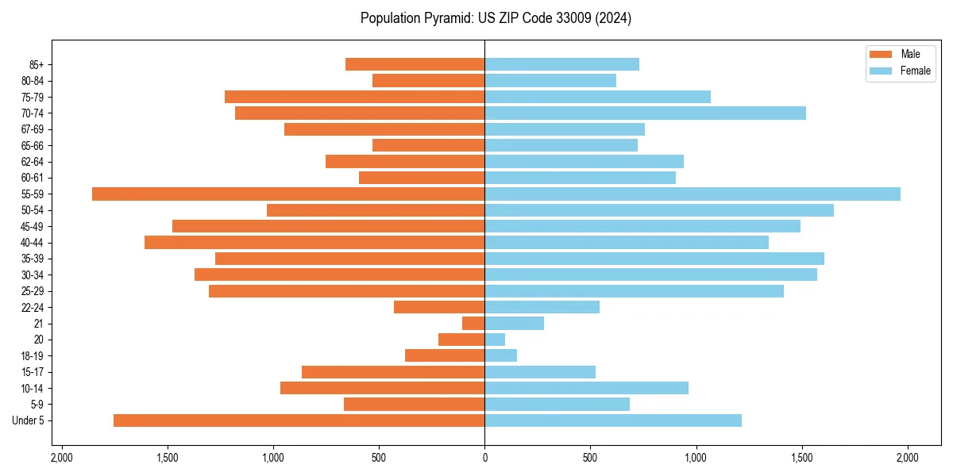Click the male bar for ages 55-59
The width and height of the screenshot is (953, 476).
288,194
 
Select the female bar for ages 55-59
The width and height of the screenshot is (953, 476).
693,194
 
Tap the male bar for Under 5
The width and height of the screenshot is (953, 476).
299,420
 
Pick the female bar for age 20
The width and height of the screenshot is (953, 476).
495,340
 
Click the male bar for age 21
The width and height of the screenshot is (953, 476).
473,323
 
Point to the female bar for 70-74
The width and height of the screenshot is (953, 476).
645,113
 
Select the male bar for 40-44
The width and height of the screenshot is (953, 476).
314,242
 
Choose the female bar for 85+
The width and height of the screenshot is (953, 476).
561,64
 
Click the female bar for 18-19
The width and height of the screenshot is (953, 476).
501,355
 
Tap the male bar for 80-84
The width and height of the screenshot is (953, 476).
428,80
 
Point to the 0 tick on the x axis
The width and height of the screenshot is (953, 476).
484,458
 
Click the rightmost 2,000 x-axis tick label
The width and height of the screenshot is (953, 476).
908,458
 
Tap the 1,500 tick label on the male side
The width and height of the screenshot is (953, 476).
167,458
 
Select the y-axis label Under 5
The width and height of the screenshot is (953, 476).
29,420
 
